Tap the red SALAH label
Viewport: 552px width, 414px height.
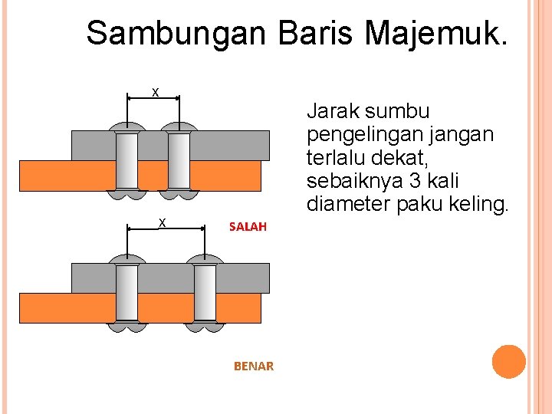point(248,226)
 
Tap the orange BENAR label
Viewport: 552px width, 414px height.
point(253,366)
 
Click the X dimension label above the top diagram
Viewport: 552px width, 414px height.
point(155,93)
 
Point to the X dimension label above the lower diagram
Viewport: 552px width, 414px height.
point(163,222)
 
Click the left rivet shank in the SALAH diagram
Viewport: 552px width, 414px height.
point(127,160)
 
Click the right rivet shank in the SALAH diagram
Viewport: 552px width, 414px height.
point(179,160)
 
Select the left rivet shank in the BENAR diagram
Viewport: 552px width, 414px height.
point(127,292)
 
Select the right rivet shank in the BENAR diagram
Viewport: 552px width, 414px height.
point(205,292)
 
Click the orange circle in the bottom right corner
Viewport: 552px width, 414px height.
point(508,362)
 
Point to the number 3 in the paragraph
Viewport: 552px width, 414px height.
point(414,182)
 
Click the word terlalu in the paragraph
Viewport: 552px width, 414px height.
point(334,159)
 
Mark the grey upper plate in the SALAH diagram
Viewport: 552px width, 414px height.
point(230,144)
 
